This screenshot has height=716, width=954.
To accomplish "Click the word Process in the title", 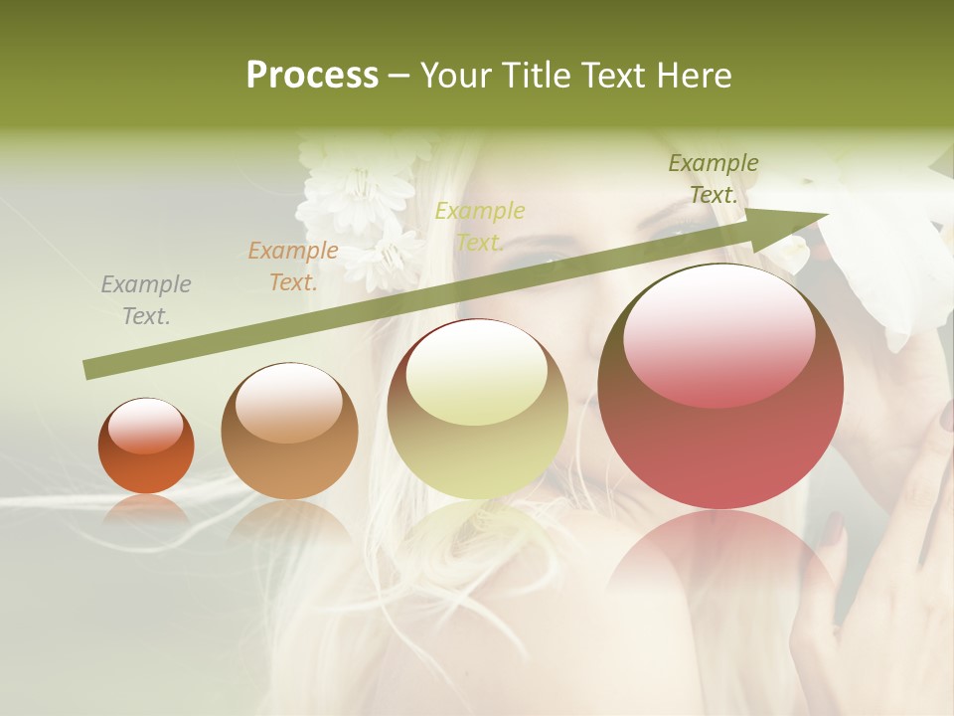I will click(x=312, y=76).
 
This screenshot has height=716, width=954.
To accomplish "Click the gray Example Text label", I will click(x=146, y=300).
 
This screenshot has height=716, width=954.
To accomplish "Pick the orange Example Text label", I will click(x=293, y=267).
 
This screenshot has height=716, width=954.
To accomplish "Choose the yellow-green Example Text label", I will click(x=480, y=226).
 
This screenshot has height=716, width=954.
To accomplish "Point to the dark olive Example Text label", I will click(x=714, y=179).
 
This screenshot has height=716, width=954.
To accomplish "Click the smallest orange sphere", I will click(x=146, y=447).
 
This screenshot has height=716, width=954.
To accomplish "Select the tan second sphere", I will click(x=289, y=432).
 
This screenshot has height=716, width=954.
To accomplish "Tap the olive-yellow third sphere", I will click(x=477, y=410).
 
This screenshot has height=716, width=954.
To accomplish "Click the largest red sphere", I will click(x=720, y=388).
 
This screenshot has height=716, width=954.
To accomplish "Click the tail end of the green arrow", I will click(x=89, y=369).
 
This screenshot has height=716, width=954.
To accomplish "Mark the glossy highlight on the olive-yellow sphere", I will click(x=476, y=374).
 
